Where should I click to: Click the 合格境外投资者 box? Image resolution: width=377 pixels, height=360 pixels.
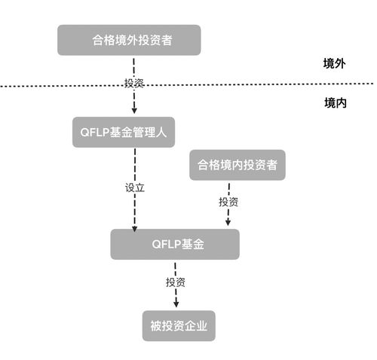129,40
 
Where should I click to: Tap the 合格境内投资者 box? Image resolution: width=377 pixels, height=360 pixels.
238,165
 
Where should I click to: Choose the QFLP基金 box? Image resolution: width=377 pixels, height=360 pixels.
175,245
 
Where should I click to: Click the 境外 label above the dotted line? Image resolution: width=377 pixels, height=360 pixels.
334,65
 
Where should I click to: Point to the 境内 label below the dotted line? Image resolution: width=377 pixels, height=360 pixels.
334,102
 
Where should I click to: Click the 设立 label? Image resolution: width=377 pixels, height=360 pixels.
133,186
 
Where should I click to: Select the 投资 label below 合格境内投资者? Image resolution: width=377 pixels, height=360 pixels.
228,202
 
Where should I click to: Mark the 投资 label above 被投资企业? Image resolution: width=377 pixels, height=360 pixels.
176,282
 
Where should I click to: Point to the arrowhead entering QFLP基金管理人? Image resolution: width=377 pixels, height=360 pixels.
134,111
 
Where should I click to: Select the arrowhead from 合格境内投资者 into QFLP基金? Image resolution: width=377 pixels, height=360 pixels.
228,223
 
